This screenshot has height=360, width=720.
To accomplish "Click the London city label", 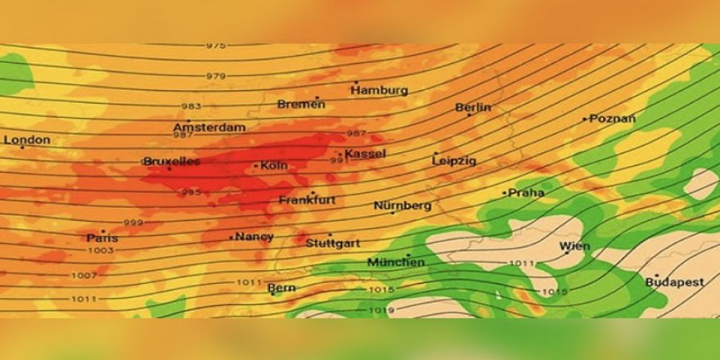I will (28, 140).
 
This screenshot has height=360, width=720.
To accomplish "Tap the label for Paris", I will (102, 238).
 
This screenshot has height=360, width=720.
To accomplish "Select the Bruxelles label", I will (172, 162).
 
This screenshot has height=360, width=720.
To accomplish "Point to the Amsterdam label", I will (209, 128).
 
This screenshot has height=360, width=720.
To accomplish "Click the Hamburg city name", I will (380, 90).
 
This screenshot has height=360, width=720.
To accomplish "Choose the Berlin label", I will (474, 107).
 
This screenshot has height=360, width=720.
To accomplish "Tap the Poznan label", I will (613, 119).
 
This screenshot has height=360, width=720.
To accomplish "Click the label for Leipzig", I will (454, 161).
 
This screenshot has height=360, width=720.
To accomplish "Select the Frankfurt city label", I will (308, 200).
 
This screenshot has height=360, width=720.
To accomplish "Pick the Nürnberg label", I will (403, 205).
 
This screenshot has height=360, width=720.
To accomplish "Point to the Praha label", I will (526, 193).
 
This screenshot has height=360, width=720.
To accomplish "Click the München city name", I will (396, 262).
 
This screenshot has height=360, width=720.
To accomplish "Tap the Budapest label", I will (675, 282).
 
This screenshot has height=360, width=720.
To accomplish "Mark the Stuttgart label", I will (333, 243).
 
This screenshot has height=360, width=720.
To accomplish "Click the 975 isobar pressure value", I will (216, 46).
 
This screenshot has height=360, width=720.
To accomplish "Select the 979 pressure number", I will (216, 76).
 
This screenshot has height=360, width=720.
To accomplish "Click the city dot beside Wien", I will (567, 253).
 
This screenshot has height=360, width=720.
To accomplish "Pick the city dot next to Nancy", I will (231, 237).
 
